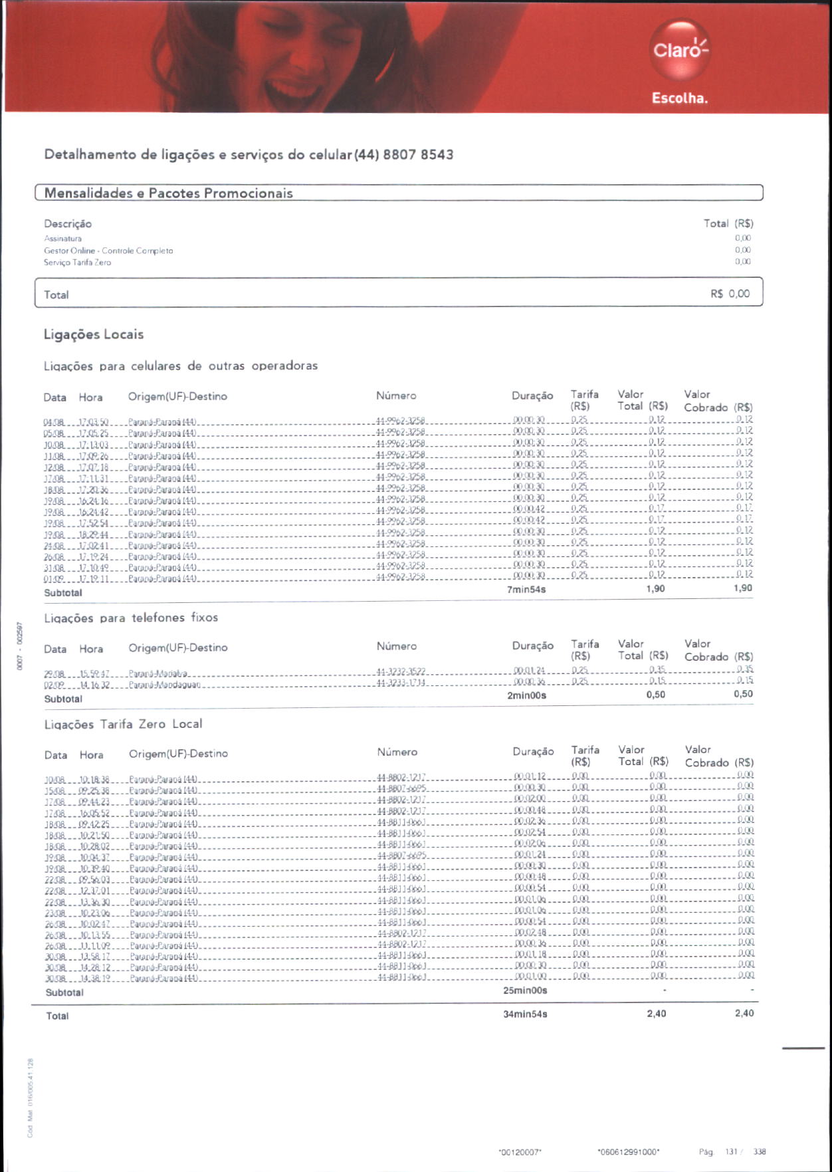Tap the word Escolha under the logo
point(679,98)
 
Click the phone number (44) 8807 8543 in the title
point(404,155)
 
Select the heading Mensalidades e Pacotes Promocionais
point(168,193)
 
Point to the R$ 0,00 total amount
point(730,294)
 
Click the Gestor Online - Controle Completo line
point(108,251)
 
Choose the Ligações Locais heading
point(94,334)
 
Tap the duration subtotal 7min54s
point(526,590)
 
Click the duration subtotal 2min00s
point(526,695)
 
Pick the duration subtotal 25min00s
point(525,991)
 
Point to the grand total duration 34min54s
point(525,1014)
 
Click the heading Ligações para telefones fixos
point(131,618)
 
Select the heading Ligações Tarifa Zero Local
point(124,724)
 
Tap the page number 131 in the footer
point(731,1151)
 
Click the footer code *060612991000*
point(628,1152)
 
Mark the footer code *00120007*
point(520,1152)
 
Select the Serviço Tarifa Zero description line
point(78,263)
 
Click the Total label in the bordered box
point(56,295)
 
